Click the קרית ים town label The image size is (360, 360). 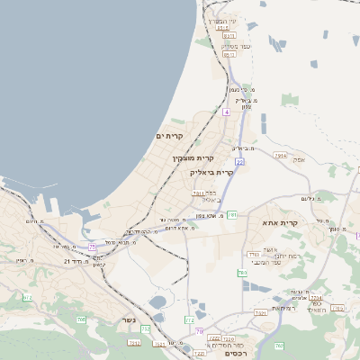click(169, 135)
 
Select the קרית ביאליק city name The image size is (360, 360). click(212, 171)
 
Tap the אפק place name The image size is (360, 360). click(300, 159)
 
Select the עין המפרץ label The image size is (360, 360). click(220, 21)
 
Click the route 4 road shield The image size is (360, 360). click(227, 112)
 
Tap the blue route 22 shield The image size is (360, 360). click(239, 161)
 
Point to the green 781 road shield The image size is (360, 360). click(232, 215)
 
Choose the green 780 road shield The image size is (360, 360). click(241, 272)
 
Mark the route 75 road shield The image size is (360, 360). click(92, 247)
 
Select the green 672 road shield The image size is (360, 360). click(27, 297)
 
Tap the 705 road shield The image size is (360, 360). click(81, 319)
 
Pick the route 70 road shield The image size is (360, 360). click(198, 330)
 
